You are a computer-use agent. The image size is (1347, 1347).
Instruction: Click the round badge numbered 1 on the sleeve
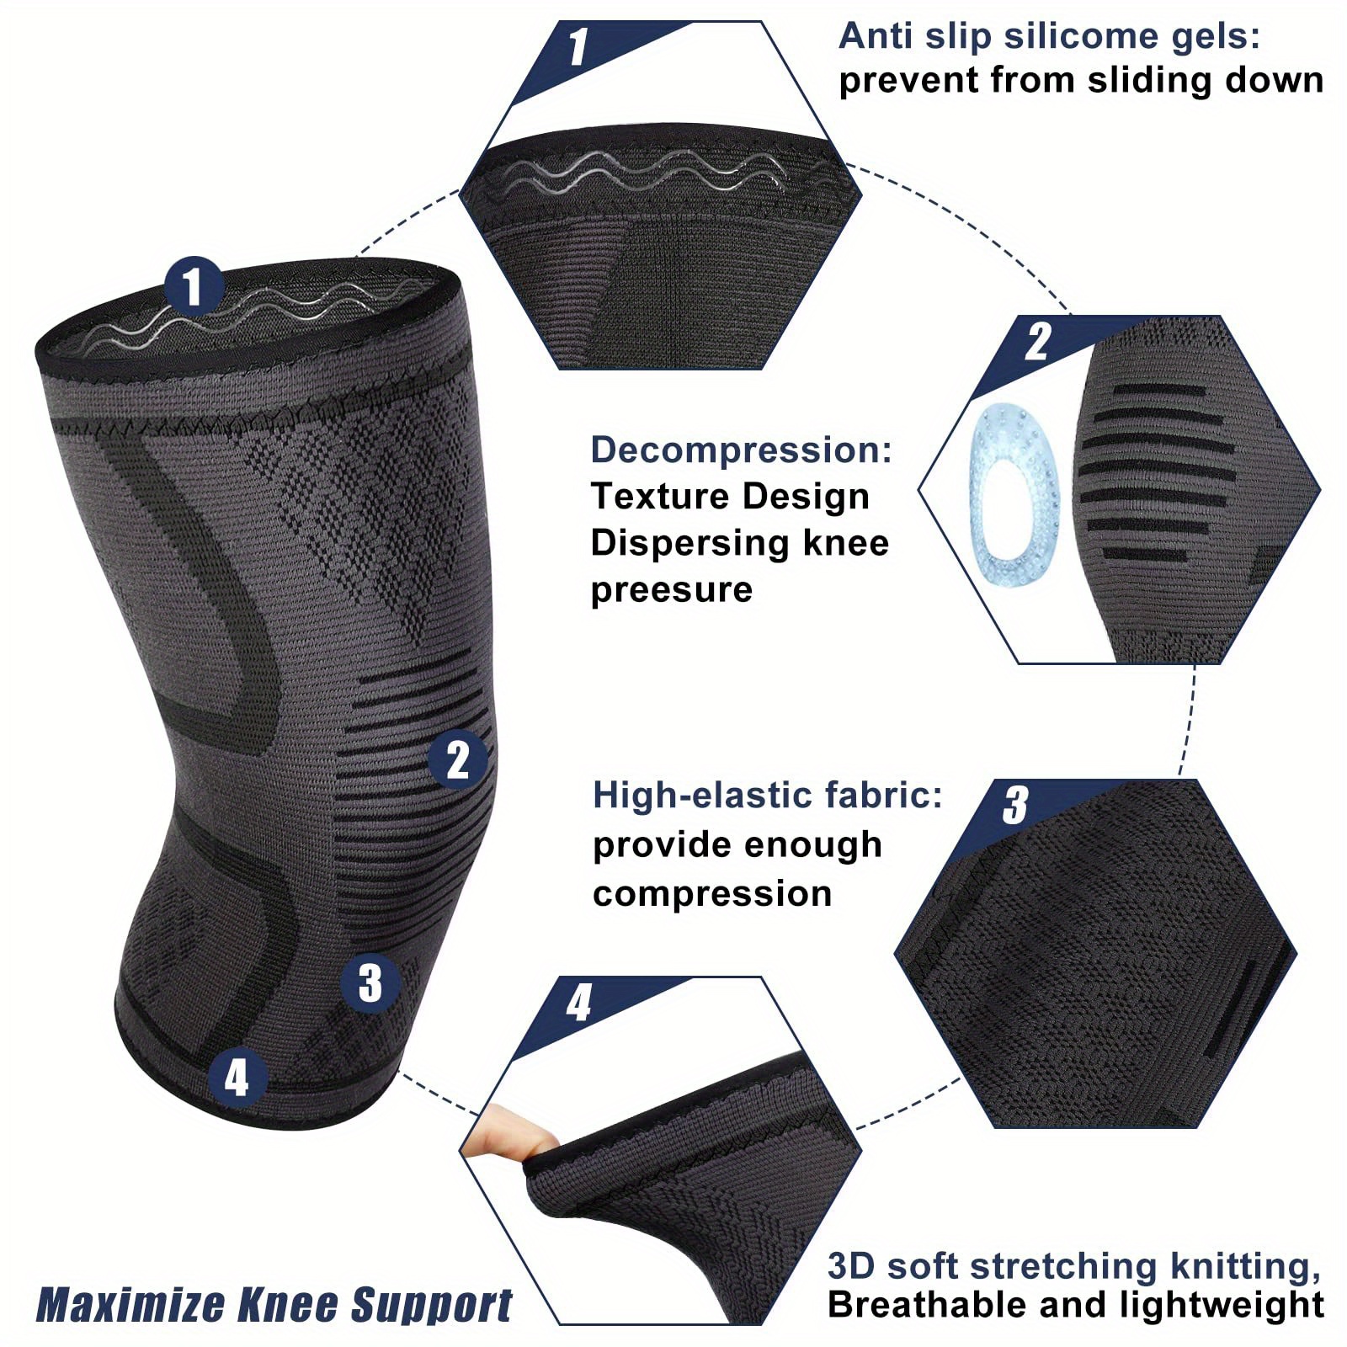(194, 286)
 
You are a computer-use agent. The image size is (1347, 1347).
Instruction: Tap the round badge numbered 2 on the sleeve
(457, 759)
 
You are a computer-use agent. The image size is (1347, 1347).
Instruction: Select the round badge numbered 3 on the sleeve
(370, 982)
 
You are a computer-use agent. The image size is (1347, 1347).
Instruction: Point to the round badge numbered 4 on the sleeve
(237, 1077)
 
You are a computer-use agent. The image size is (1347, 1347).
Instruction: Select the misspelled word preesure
(671, 589)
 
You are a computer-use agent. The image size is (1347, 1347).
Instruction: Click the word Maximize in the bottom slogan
(131, 1306)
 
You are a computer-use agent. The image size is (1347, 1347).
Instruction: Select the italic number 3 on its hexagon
(1015, 805)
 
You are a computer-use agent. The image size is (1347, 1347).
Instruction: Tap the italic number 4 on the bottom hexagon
(578, 1003)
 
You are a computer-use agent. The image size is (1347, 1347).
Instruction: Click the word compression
(712, 893)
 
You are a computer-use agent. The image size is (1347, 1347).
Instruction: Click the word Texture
(652, 496)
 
